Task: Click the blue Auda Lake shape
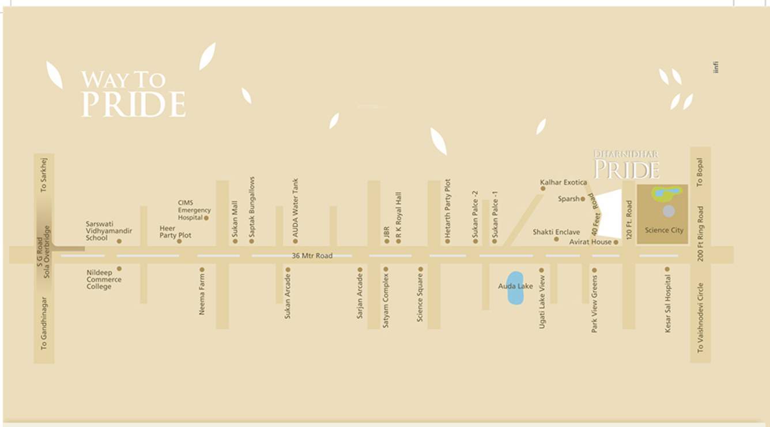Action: (x=515, y=288)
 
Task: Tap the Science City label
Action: (x=664, y=230)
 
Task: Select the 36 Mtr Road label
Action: (x=312, y=255)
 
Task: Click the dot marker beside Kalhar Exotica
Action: (x=543, y=188)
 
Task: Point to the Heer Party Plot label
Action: (x=175, y=232)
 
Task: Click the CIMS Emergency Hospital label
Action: (x=194, y=210)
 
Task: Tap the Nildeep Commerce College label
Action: (x=104, y=279)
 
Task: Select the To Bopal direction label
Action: (x=700, y=172)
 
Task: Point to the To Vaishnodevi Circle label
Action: (x=700, y=317)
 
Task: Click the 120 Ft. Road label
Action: (x=629, y=220)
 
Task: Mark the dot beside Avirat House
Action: (x=616, y=243)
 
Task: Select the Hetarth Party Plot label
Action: (x=448, y=207)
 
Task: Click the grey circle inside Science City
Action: (x=668, y=211)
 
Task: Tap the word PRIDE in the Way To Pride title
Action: (x=133, y=104)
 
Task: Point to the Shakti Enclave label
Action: (x=556, y=232)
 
